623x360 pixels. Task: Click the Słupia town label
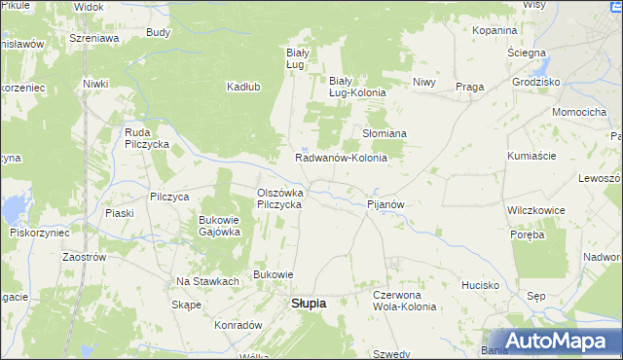coord(309,304)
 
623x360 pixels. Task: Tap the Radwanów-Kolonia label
coord(341,158)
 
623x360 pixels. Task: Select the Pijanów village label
coord(385,205)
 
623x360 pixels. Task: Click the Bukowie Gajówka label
coord(219,226)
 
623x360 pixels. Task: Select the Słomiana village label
coord(385,132)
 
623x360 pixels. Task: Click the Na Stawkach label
coord(207,281)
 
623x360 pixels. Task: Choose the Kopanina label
coord(495,30)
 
